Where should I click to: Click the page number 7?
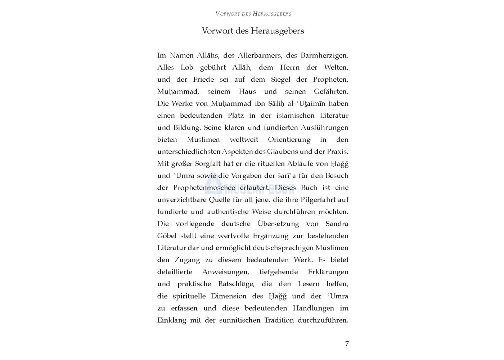pyautogui.click(x=347, y=343)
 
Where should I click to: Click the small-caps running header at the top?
pyautogui.click(x=253, y=14)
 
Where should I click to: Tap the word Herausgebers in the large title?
pyautogui.click(x=277, y=31)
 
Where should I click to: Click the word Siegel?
pyautogui.click(x=280, y=80)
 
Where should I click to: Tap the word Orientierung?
pyautogui.click(x=289, y=140)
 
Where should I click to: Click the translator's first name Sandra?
pyautogui.click(x=337, y=224)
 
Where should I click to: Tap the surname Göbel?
pyautogui.click(x=167, y=236)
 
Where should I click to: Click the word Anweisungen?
pyautogui.click(x=225, y=272)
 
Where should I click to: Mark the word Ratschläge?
pyautogui.click(x=236, y=284)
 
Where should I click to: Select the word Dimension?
pyautogui.click(x=229, y=296)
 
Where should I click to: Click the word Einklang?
pyautogui.click(x=172, y=320)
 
